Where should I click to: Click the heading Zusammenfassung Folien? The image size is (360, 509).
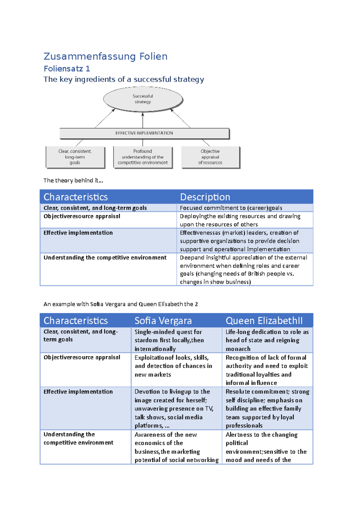point(105,56)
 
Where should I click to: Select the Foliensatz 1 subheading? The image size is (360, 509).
point(67,69)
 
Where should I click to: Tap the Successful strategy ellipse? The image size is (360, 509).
point(143,99)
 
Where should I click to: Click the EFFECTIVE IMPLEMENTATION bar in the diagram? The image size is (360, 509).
point(144,133)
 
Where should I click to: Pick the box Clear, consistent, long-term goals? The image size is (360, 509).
point(75,157)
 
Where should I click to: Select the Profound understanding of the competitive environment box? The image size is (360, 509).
point(143,157)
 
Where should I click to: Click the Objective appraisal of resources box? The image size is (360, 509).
point(210,157)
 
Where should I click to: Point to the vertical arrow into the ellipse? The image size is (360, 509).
point(143,120)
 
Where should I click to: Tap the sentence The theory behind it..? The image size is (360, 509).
point(73,180)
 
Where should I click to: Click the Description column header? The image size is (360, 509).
point(205,197)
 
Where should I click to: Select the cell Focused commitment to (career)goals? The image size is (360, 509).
point(231,208)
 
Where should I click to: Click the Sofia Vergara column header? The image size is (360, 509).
point(163,320)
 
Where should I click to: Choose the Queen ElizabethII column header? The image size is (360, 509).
point(264,320)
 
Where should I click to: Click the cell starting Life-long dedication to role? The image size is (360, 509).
point(267,340)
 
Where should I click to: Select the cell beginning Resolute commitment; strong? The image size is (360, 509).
point(267,408)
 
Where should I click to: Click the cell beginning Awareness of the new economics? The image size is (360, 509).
point(176,447)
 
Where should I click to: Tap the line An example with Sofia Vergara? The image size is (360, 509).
point(121,304)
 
